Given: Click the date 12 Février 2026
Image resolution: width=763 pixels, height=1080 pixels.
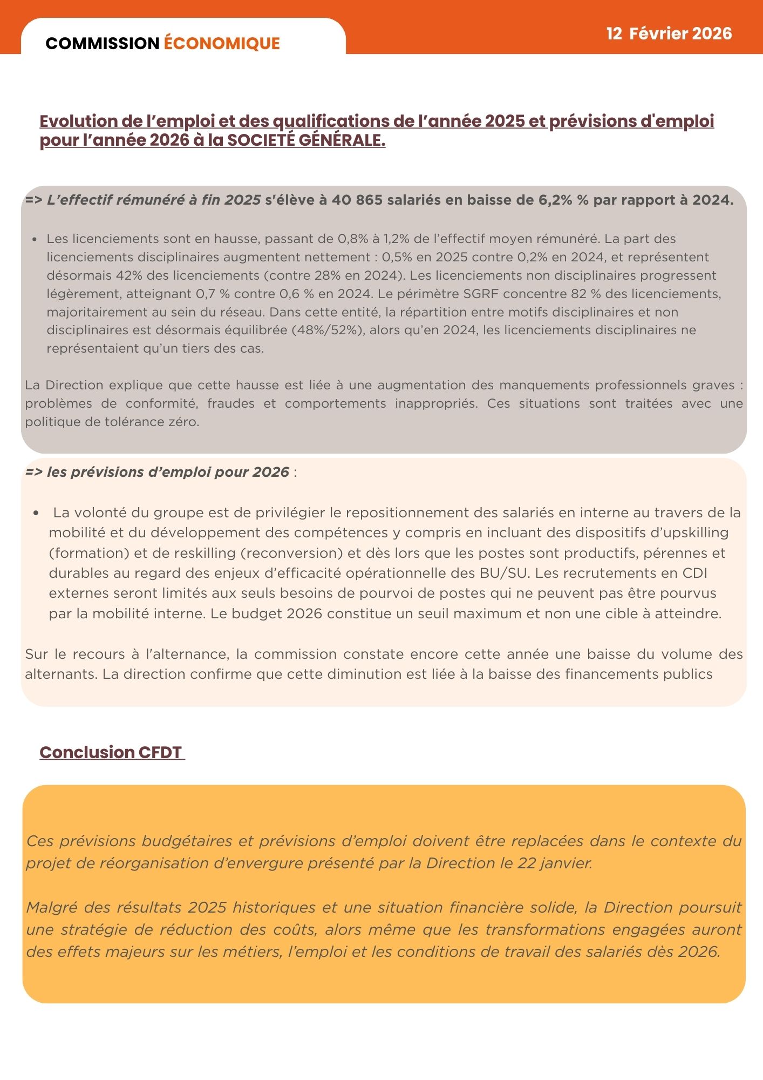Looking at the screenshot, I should pos(669,33).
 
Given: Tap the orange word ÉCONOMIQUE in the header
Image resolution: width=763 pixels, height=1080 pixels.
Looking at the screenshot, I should pos(222,43).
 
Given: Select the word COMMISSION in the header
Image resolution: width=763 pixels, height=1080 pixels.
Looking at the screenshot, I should pos(103,43).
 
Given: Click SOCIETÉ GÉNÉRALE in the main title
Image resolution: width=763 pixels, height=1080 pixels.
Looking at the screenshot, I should pos(306,140).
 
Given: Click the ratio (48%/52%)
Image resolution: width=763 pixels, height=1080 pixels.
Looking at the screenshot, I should pos(327,330).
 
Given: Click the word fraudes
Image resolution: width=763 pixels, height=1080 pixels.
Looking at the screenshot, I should pos(231,404).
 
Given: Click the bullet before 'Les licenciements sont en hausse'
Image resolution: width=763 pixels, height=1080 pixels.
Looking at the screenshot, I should pos(35,239).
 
